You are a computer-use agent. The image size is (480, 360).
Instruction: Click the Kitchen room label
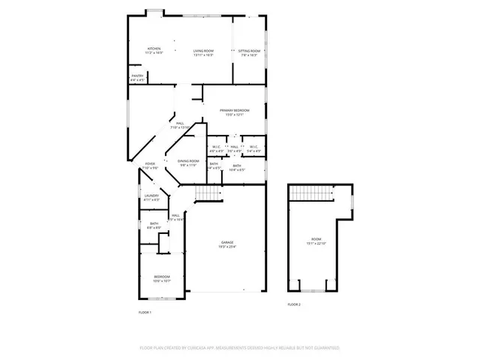tap(153, 49)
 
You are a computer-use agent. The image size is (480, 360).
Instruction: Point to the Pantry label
tap(137, 75)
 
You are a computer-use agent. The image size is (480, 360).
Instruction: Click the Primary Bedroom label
tap(234, 110)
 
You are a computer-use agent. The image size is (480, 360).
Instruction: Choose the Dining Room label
tap(187, 161)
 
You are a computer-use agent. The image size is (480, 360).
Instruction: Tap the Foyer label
tap(150, 163)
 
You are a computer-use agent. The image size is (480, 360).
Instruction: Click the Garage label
tap(226, 242)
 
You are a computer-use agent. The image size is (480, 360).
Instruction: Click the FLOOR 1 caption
tap(145, 312)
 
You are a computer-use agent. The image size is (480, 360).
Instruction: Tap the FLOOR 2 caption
tap(294, 304)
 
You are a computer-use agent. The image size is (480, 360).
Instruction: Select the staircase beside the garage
tap(208, 193)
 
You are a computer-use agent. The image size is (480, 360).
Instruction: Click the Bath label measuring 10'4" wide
tap(236, 166)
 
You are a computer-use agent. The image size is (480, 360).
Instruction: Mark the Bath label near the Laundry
tap(154, 223)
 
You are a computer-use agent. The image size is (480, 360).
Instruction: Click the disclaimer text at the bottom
tap(239, 348)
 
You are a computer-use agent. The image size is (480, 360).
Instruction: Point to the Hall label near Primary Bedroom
tap(234, 146)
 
